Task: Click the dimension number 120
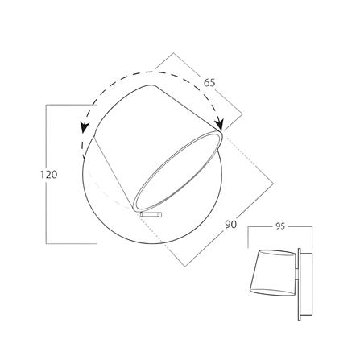point(49,175)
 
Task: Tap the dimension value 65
point(209,83)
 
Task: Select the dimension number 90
point(231,224)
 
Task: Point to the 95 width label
point(280,226)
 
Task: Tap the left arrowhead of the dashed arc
point(85,127)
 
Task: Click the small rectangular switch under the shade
point(151,214)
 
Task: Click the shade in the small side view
point(272,273)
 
